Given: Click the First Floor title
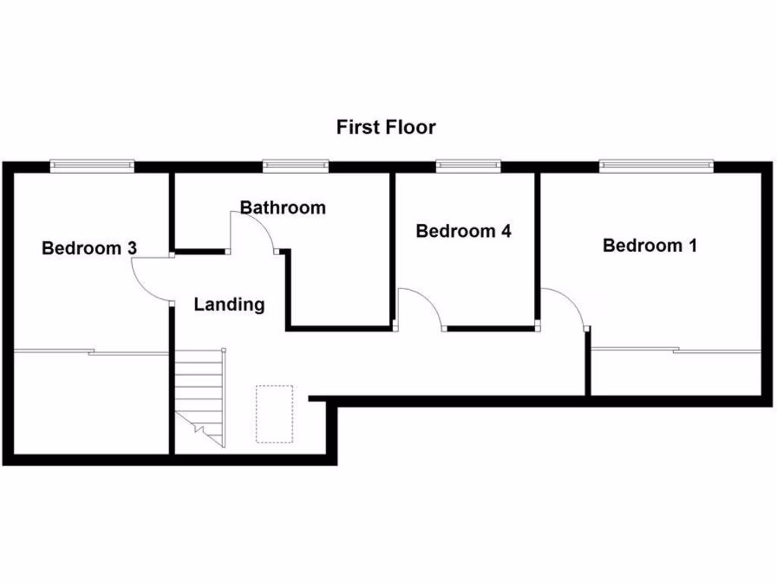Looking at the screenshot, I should click(386, 127).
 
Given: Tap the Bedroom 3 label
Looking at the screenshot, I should click(89, 247).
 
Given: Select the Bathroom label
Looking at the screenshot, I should click(282, 207).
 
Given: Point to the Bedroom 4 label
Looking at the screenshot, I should click(463, 231).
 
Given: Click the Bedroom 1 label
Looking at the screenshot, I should click(650, 245).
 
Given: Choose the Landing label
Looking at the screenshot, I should click(229, 304).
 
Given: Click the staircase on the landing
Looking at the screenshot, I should click(200, 395).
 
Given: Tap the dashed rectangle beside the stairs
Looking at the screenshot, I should click(274, 414).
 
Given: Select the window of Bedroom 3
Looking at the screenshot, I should click(93, 165).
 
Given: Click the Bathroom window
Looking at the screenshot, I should click(296, 165).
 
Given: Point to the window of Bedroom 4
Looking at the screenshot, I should click(468, 165).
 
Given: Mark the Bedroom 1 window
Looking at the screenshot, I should click(656, 165).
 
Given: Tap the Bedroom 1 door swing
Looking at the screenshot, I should click(566, 304).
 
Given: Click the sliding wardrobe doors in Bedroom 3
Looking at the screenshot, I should click(91, 352).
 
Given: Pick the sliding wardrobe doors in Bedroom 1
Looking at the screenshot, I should click(675, 350).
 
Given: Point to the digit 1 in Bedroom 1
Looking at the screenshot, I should click(691, 245).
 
